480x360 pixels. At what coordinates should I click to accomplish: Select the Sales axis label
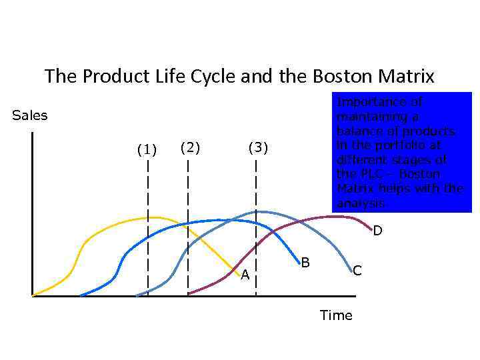[x=30, y=115]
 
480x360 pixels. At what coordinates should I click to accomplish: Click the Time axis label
[x=336, y=315]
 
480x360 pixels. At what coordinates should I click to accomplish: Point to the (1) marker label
[x=147, y=149]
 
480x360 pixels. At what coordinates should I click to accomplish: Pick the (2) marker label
[x=190, y=147]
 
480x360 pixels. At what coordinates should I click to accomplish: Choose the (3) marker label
[x=257, y=147]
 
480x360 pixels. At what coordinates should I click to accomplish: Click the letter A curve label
[x=245, y=275]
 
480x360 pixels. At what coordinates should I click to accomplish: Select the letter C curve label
[x=357, y=270]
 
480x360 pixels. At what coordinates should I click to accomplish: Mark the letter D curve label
[x=377, y=231]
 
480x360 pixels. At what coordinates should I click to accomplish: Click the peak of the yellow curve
[x=153, y=217]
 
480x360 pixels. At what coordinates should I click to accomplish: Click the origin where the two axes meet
[x=32, y=295]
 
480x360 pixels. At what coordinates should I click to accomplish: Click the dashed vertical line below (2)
[x=188, y=200]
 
